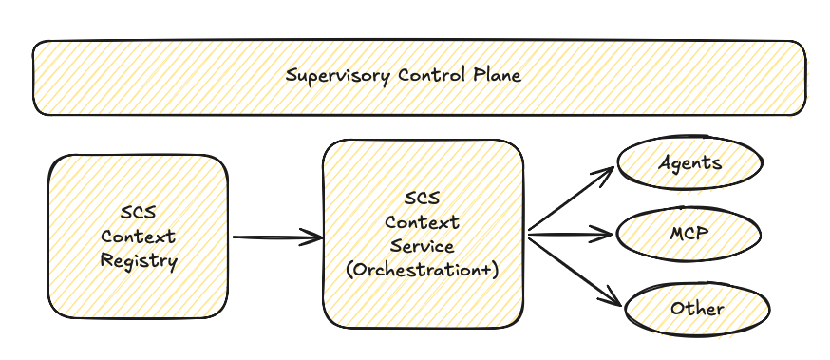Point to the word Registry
click(x=139, y=259)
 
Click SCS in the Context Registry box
click(x=139, y=212)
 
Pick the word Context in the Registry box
click(x=139, y=236)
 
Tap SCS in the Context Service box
click(x=423, y=199)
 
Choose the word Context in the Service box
click(x=423, y=222)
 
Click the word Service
click(x=423, y=246)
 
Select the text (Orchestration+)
click(x=423, y=270)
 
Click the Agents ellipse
click(x=690, y=162)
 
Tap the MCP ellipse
click(x=690, y=231)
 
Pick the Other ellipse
click(x=697, y=309)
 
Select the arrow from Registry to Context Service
click(x=275, y=237)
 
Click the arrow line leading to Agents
click(x=570, y=200)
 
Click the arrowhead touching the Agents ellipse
click(x=608, y=174)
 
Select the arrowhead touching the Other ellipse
click(x=613, y=300)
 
